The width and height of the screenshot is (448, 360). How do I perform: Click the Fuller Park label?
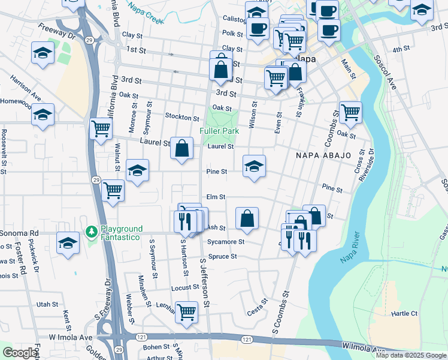click(x=219, y=131)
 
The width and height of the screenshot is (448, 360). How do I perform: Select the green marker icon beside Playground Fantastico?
click(x=92, y=231)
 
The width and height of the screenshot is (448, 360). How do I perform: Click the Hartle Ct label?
click(x=404, y=313)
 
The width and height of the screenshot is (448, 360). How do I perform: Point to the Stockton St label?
click(x=182, y=118)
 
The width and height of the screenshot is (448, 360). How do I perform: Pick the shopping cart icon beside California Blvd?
click(x=101, y=128)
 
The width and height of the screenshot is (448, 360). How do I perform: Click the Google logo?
click(x=20, y=353)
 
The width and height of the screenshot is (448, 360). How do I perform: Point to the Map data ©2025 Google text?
click(x=411, y=355)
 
